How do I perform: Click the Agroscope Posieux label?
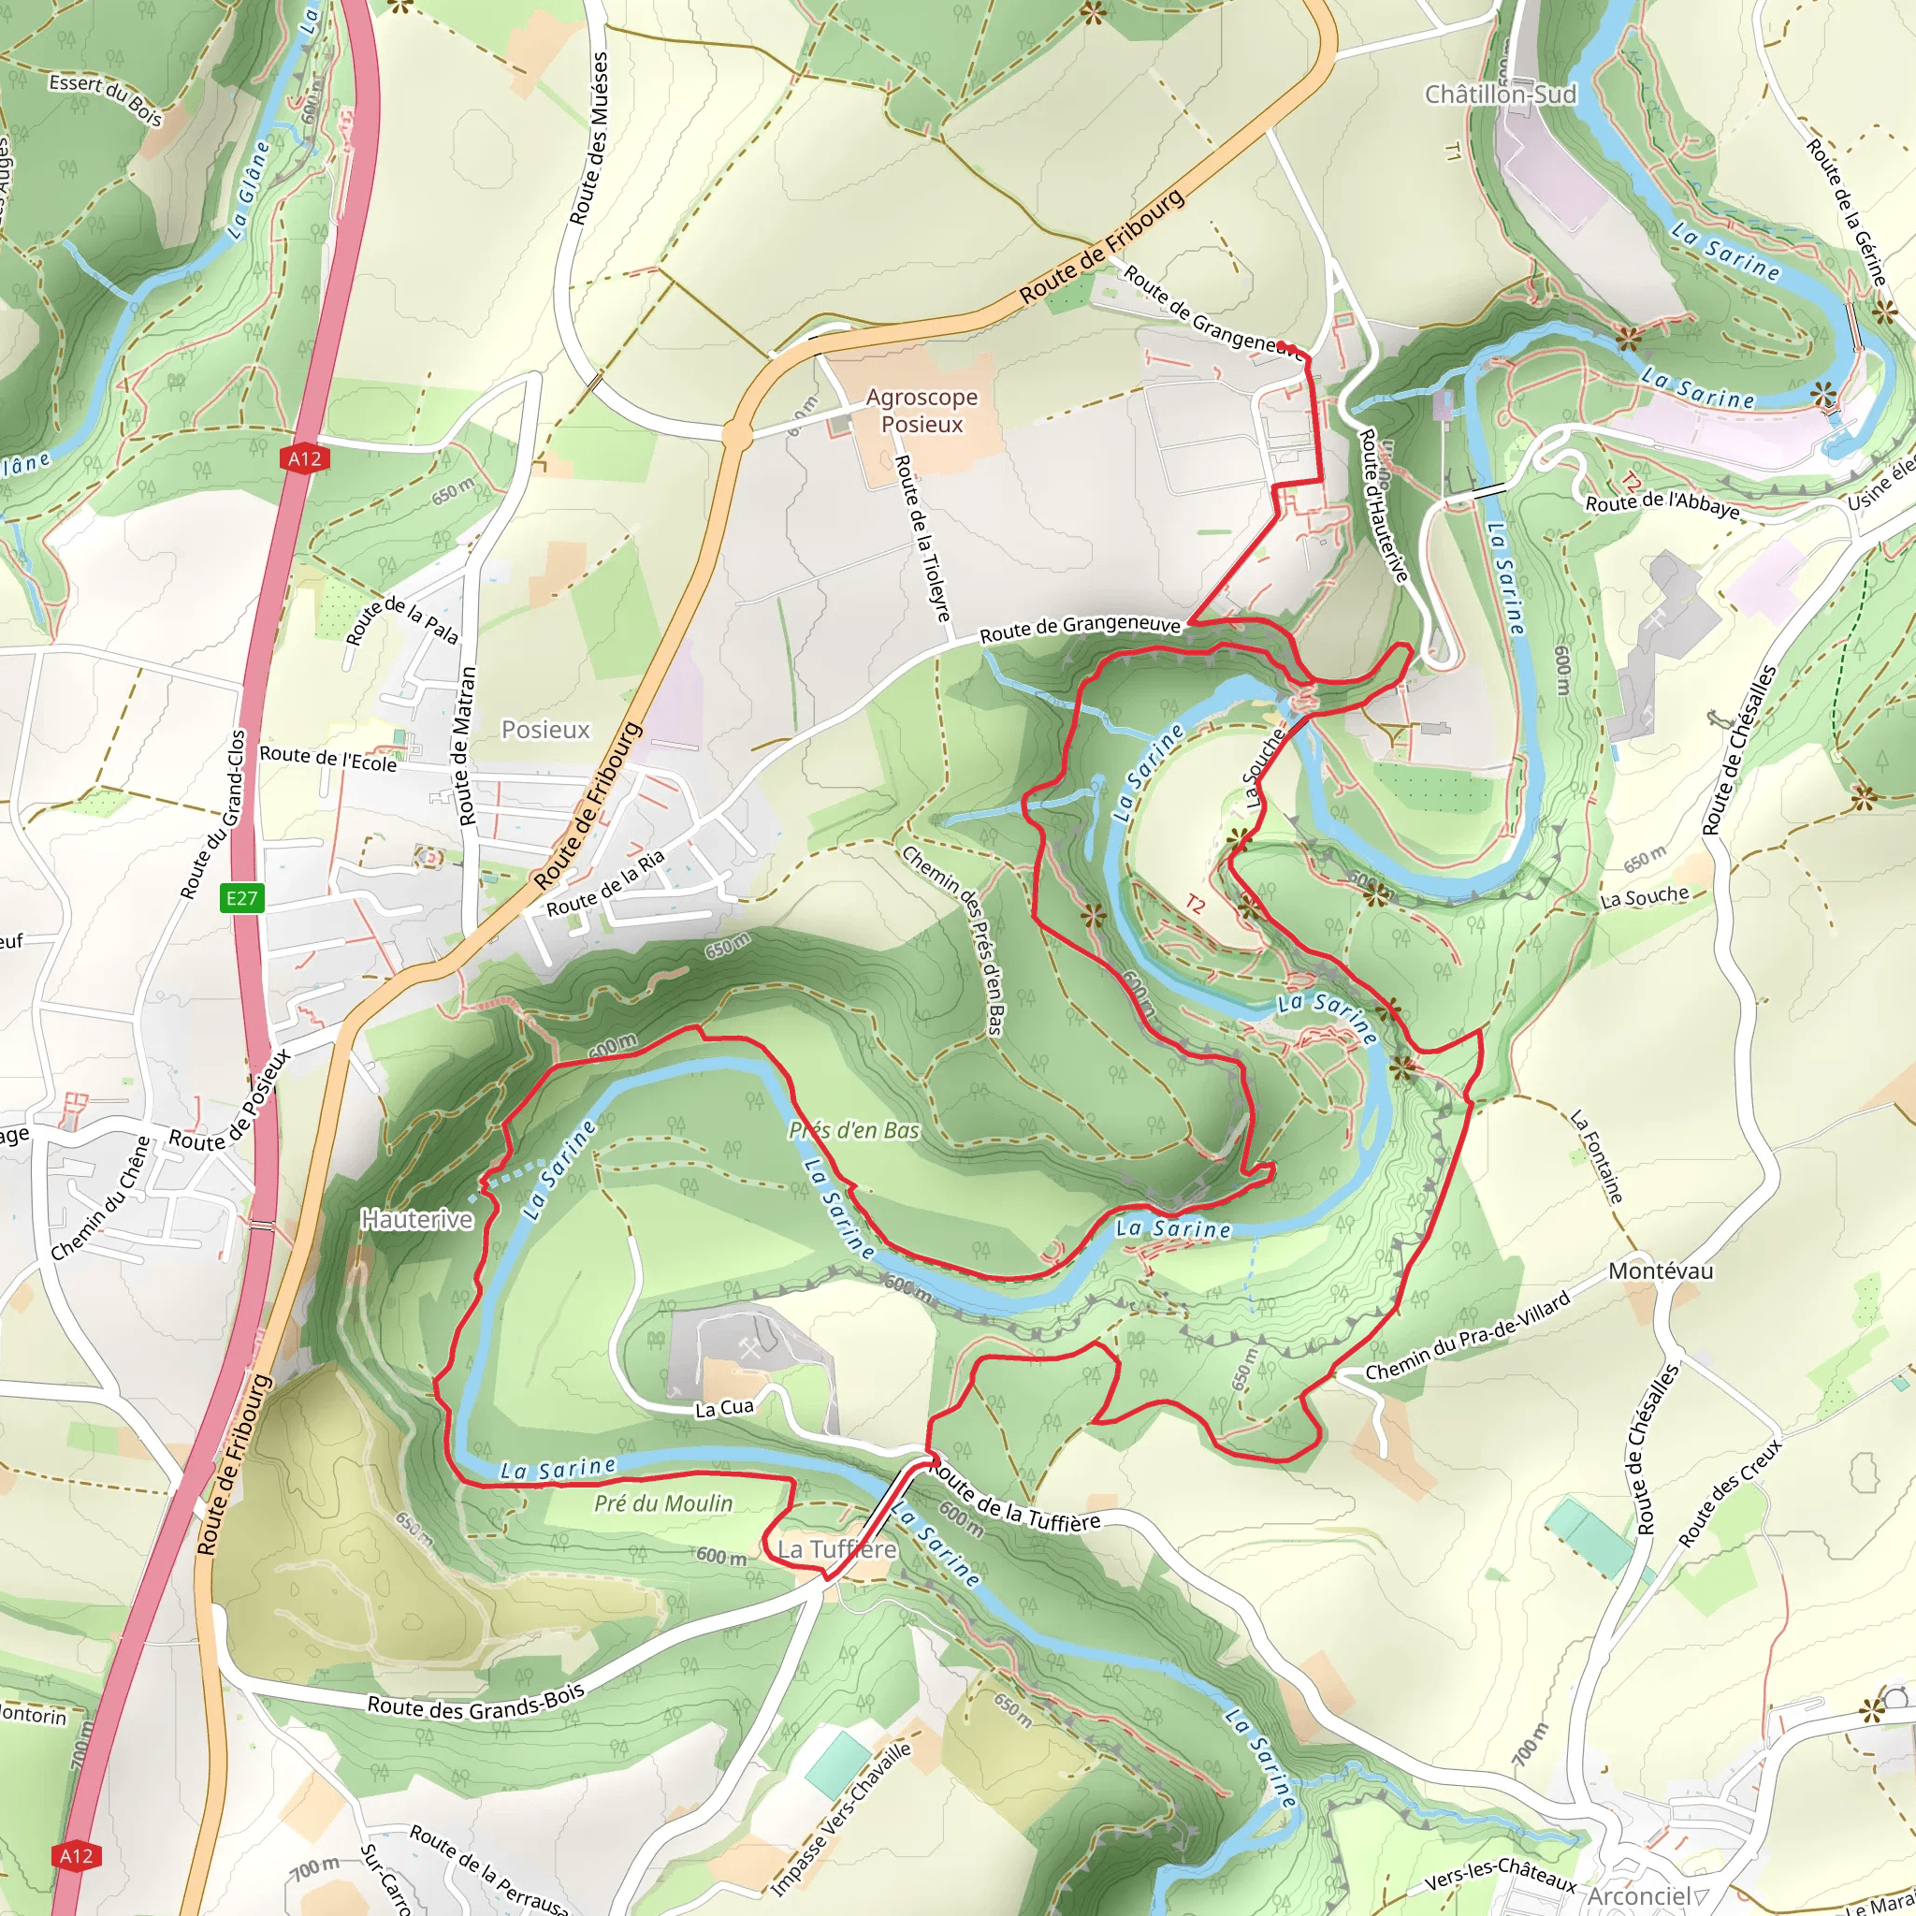[x=922, y=411]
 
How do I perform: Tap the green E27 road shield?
[x=241, y=898]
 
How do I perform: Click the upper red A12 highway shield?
[x=304, y=458]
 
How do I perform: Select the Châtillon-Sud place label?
[x=1500, y=94]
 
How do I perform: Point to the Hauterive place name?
[x=416, y=1219]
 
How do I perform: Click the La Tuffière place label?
[x=836, y=1549]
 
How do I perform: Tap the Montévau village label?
[x=1661, y=1270]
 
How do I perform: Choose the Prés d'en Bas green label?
[x=854, y=1130]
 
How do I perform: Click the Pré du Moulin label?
[x=662, y=1503]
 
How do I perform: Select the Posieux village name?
[x=545, y=730]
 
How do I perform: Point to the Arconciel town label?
[x=1637, y=1895]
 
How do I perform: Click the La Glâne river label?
[x=248, y=191]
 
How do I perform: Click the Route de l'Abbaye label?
[x=1662, y=506]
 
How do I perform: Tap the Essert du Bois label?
[x=105, y=99]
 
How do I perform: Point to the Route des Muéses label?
[x=588, y=138]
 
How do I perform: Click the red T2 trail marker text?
[x=1195, y=905]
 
